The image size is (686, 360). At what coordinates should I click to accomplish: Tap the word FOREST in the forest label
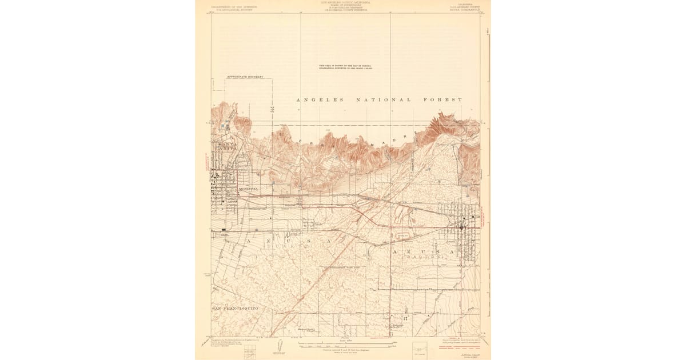(x=444, y=100)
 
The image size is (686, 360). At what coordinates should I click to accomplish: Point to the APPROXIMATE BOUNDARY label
(x=245, y=77)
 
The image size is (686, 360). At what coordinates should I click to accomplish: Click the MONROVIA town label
(x=248, y=189)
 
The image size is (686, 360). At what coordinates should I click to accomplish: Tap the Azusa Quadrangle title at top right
(x=462, y=7)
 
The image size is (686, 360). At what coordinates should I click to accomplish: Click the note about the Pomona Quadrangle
(x=345, y=67)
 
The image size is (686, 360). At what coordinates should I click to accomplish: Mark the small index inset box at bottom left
(x=250, y=353)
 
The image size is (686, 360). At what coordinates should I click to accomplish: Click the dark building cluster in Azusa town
(x=462, y=227)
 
